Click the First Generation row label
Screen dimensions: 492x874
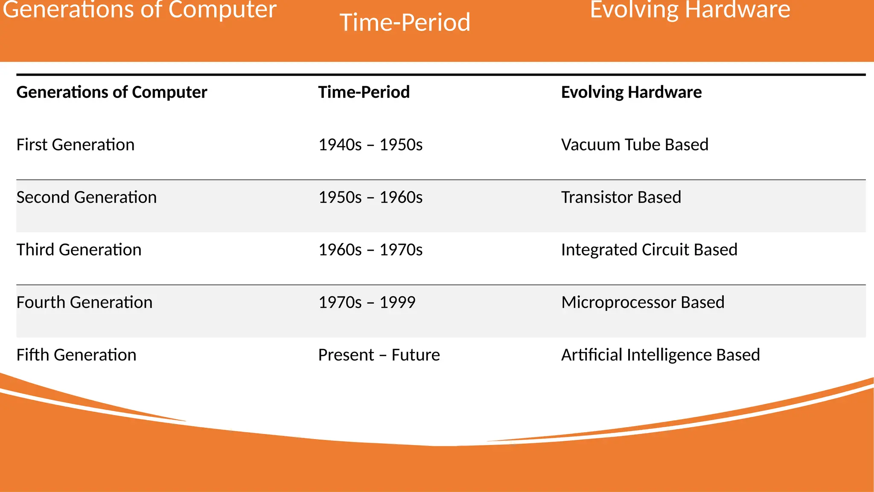(x=76, y=145)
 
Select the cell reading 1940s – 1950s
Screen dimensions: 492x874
(x=370, y=145)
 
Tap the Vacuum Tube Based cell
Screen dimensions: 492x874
(x=635, y=145)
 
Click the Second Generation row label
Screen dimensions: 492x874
(x=87, y=197)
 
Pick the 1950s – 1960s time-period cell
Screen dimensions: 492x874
(x=370, y=197)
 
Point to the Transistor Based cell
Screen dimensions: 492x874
(x=621, y=197)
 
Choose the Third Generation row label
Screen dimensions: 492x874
(x=79, y=250)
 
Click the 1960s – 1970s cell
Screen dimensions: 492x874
(x=370, y=250)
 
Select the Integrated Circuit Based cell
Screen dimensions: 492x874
(x=649, y=250)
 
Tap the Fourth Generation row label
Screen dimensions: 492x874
(x=84, y=302)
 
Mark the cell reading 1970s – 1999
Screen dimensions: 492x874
(x=367, y=302)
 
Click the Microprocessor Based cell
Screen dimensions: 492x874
(x=643, y=302)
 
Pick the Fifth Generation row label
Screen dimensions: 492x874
(x=76, y=355)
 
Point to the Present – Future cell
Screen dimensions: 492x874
(x=379, y=355)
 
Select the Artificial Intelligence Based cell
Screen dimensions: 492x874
(x=660, y=355)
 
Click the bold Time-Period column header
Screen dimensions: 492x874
(x=364, y=92)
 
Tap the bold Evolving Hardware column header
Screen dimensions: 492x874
(x=631, y=92)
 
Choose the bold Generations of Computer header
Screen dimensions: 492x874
(x=112, y=92)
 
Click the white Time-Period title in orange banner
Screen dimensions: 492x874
(x=405, y=22)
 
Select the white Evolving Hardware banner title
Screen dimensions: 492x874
(x=690, y=9)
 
